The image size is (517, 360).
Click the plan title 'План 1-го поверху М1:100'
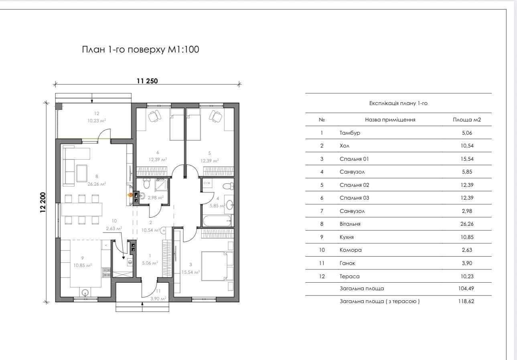(140, 49)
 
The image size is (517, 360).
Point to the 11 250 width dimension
(147, 81)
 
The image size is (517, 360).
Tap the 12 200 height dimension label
(43, 202)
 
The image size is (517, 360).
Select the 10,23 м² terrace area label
(97, 120)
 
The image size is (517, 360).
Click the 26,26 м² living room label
(97, 184)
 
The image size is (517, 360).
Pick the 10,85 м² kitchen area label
(83, 265)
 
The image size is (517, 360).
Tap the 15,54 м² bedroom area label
(191, 272)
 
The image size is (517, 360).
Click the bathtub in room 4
(217, 221)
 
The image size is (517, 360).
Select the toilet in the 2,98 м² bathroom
(146, 183)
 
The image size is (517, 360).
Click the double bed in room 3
(215, 266)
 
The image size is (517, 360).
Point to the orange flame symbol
(130, 195)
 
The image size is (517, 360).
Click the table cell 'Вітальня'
(350, 224)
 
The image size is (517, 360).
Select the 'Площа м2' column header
(467, 120)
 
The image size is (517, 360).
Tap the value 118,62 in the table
(466, 301)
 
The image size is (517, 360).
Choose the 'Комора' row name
(351, 250)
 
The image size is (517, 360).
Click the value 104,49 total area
(466, 288)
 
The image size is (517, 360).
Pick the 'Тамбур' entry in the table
(350, 133)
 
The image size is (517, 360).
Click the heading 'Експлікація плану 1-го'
(398, 103)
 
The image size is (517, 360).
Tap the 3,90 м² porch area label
(158, 299)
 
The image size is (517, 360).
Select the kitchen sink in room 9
(85, 292)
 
